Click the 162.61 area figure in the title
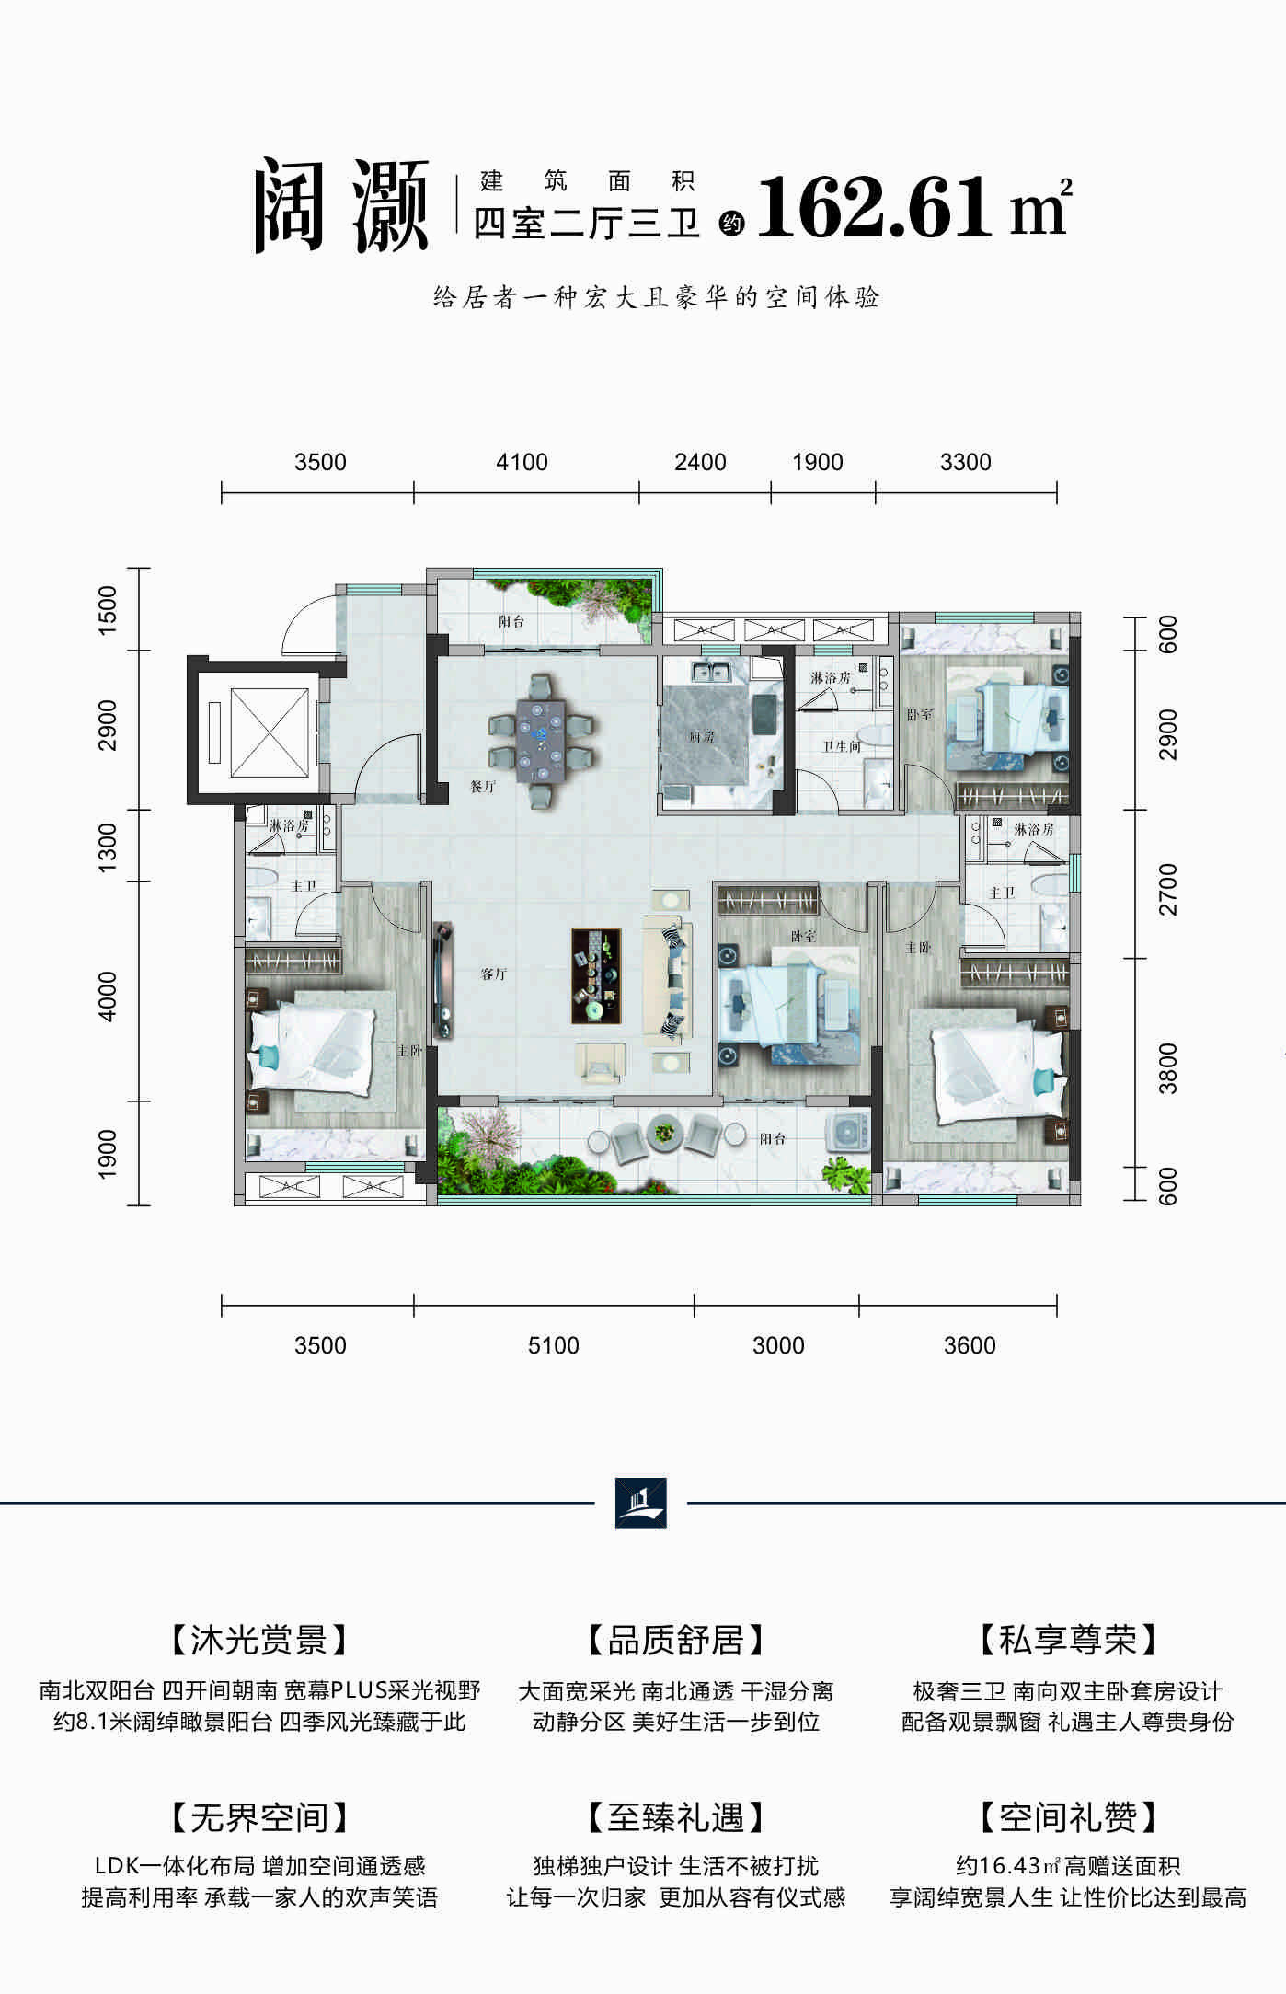(874, 210)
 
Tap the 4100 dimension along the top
(522, 462)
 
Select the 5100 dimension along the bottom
(553, 1345)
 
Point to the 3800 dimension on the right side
(1168, 1068)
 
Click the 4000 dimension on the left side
(108, 996)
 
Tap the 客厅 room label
(494, 974)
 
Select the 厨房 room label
(702, 738)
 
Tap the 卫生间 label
(842, 746)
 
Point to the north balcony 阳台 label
(511, 621)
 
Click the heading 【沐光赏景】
(258, 1640)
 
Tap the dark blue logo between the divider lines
(641, 1503)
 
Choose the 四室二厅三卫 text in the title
(587, 224)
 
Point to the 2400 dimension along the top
(700, 462)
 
